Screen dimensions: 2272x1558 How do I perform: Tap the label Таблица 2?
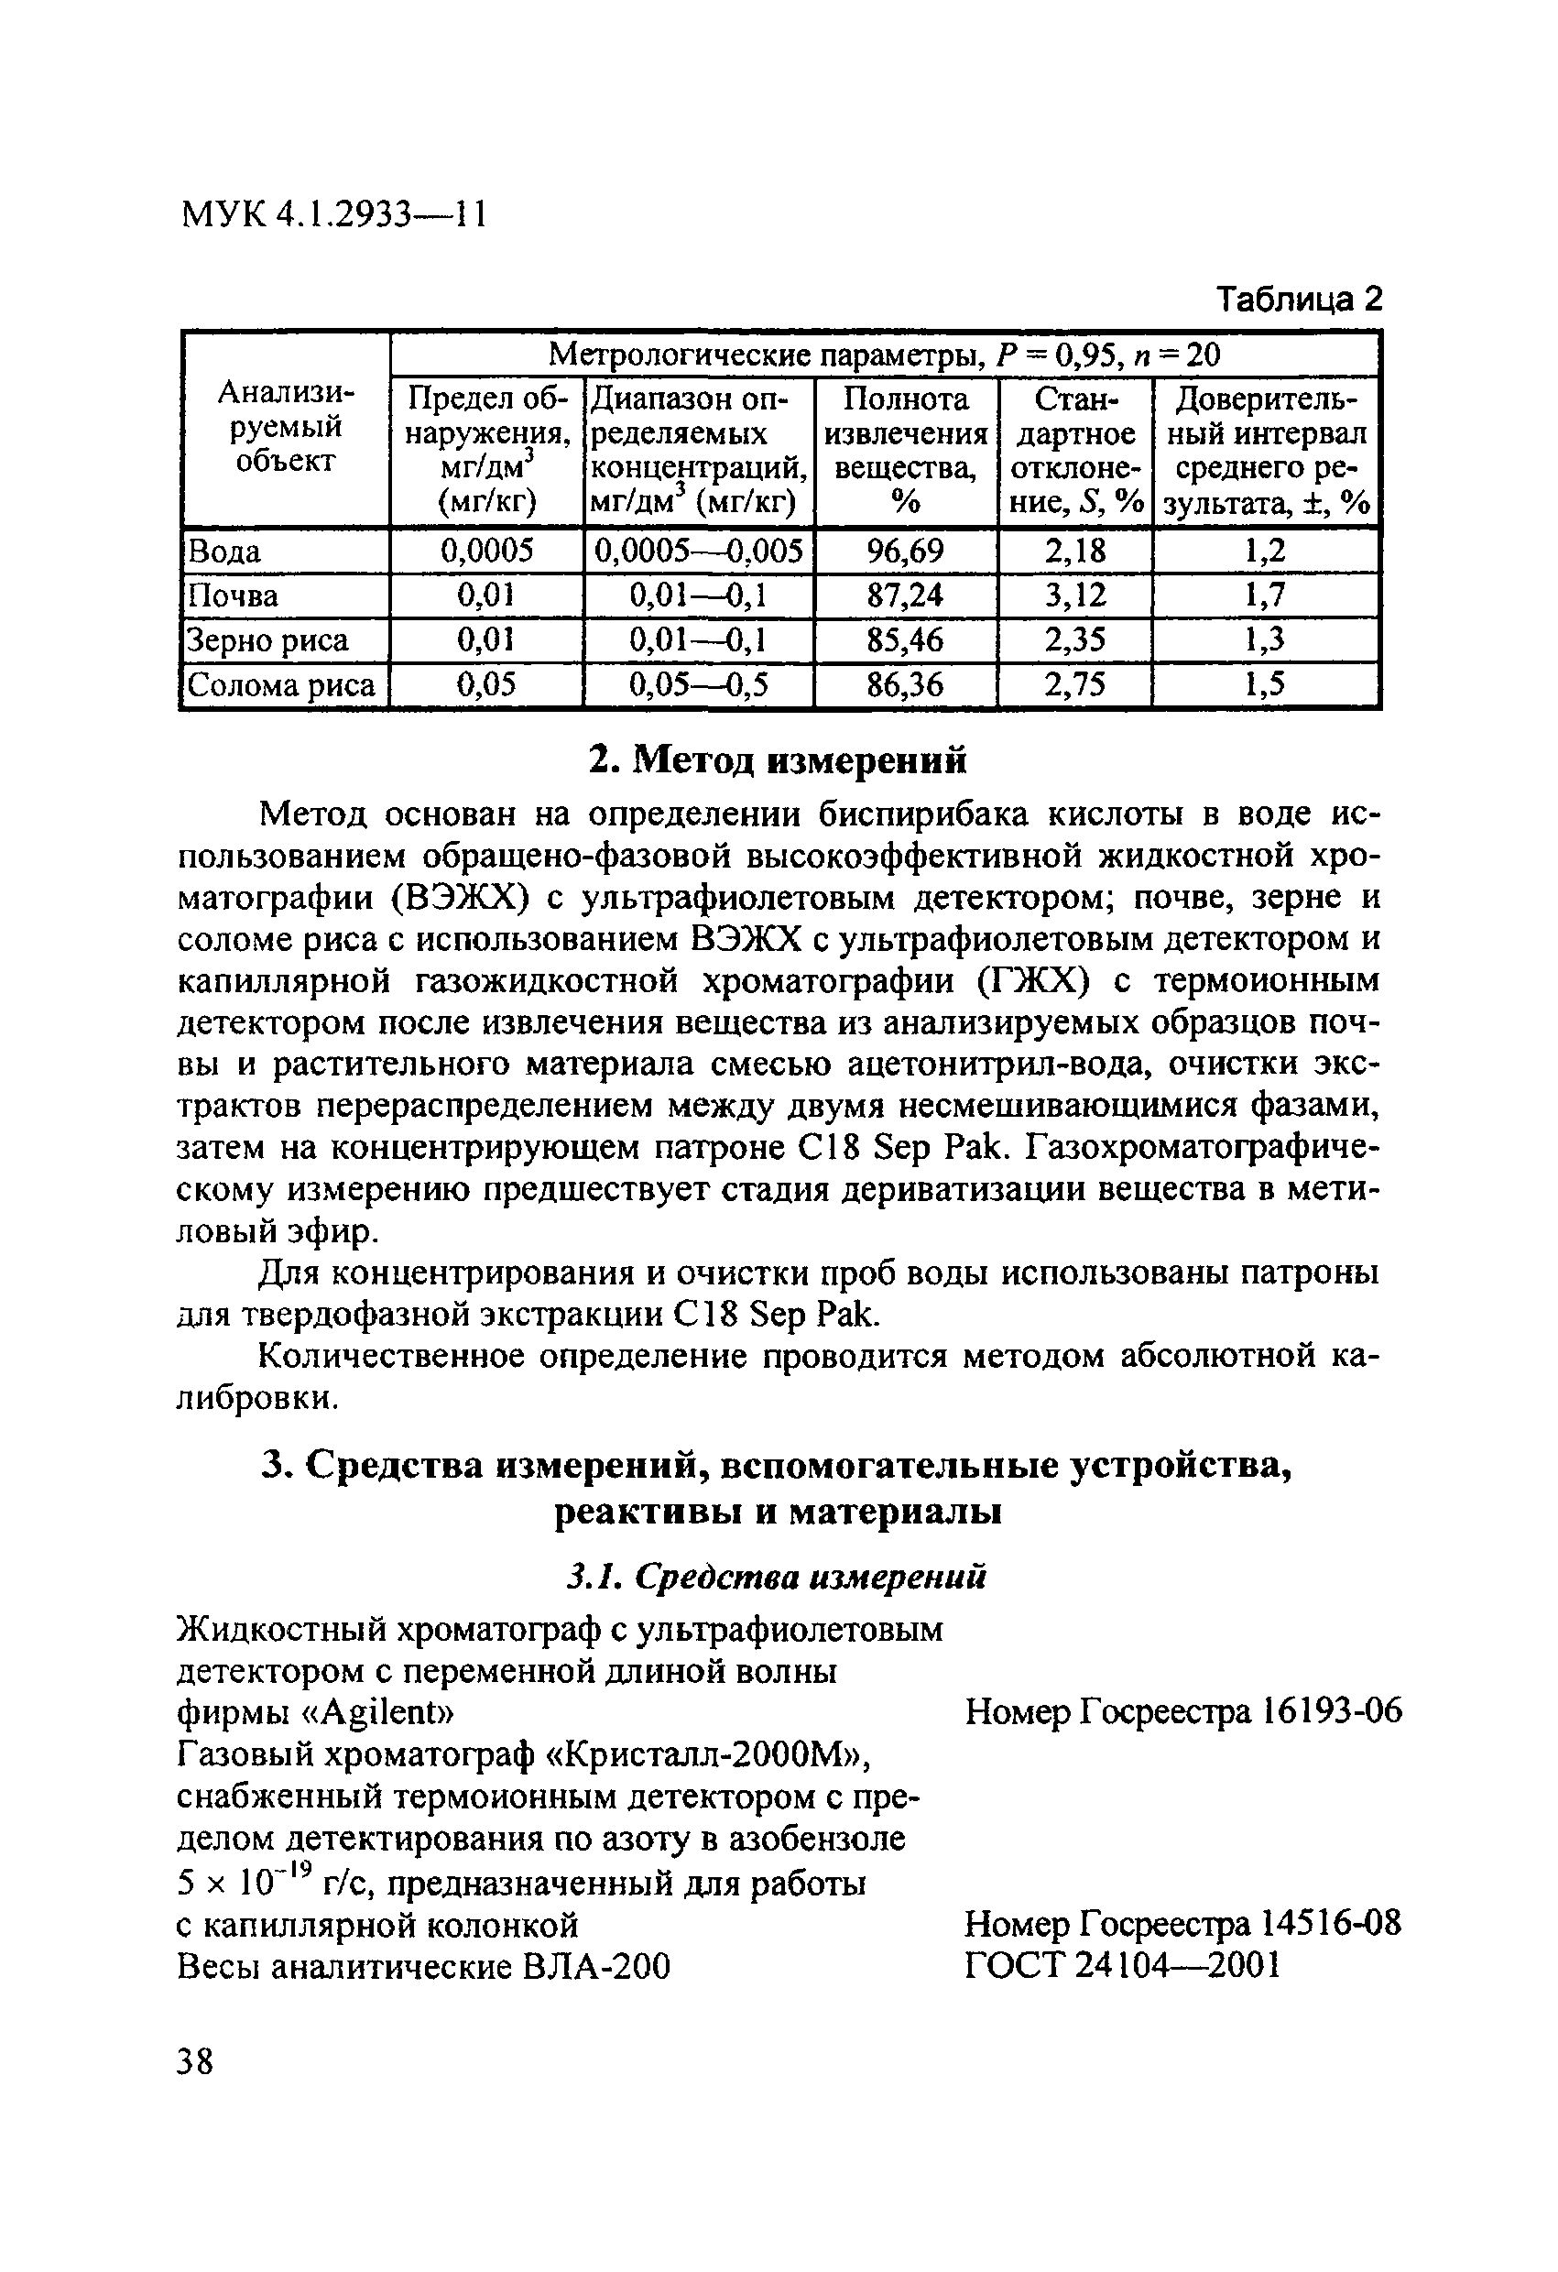tap(1299, 298)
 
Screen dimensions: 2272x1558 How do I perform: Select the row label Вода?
tap(223, 552)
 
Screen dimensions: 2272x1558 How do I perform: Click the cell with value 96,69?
tap(905, 552)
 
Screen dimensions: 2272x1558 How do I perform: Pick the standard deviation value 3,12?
tap(1074, 595)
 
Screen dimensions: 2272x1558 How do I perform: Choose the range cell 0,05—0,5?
tap(698, 685)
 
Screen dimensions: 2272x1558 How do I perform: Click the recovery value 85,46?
tap(905, 640)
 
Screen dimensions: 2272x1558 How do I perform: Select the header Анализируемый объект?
tap(286, 427)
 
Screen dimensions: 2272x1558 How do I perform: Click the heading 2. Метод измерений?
tap(778, 759)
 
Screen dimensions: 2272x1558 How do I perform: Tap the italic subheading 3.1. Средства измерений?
tap(777, 1577)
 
